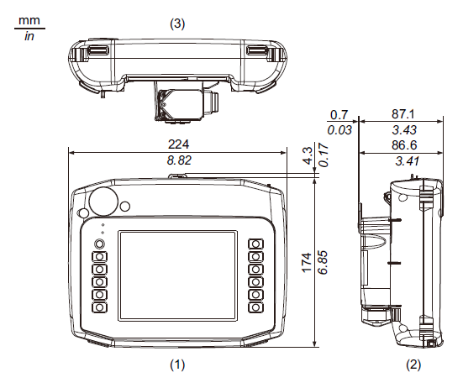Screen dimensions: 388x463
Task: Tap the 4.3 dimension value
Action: (x=307, y=156)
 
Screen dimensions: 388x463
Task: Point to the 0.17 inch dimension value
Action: (x=323, y=155)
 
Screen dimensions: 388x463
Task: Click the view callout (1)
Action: (x=177, y=365)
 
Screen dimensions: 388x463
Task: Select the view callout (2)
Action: (x=413, y=365)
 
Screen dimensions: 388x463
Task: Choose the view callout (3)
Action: (x=177, y=24)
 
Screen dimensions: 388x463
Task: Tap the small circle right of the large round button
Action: (x=125, y=207)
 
